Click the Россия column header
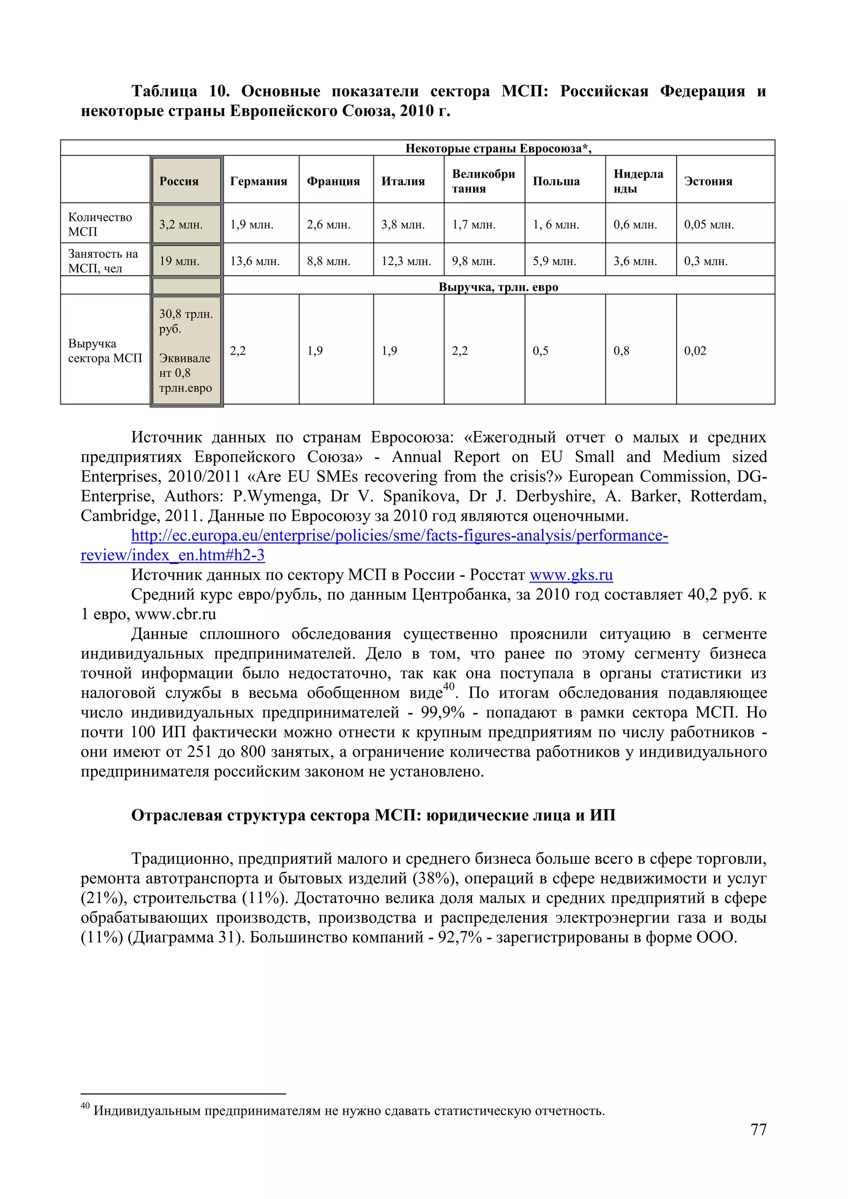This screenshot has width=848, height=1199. tap(179, 181)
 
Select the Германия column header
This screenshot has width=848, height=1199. tap(258, 181)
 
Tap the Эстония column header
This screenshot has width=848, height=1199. tap(708, 181)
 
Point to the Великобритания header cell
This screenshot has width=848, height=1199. tap(483, 181)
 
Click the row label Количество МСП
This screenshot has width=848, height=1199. tap(100, 224)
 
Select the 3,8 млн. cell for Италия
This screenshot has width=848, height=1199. tap(402, 224)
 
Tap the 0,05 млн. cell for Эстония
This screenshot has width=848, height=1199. tap(708, 224)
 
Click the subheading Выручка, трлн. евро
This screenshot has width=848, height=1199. tap(498, 287)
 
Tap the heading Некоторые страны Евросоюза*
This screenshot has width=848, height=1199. tap(498, 148)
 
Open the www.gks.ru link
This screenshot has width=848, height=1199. tap(571, 575)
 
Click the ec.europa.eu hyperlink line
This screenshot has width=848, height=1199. tap(400, 536)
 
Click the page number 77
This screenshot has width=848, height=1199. tap(758, 1129)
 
